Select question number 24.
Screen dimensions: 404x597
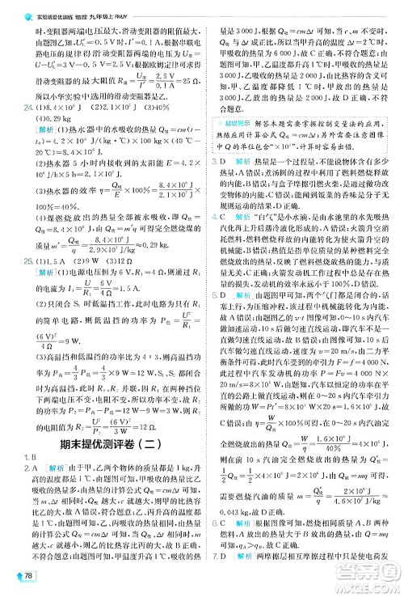pyautogui.click(x=29, y=106)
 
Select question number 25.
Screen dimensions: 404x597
pyautogui.click(x=29, y=285)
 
